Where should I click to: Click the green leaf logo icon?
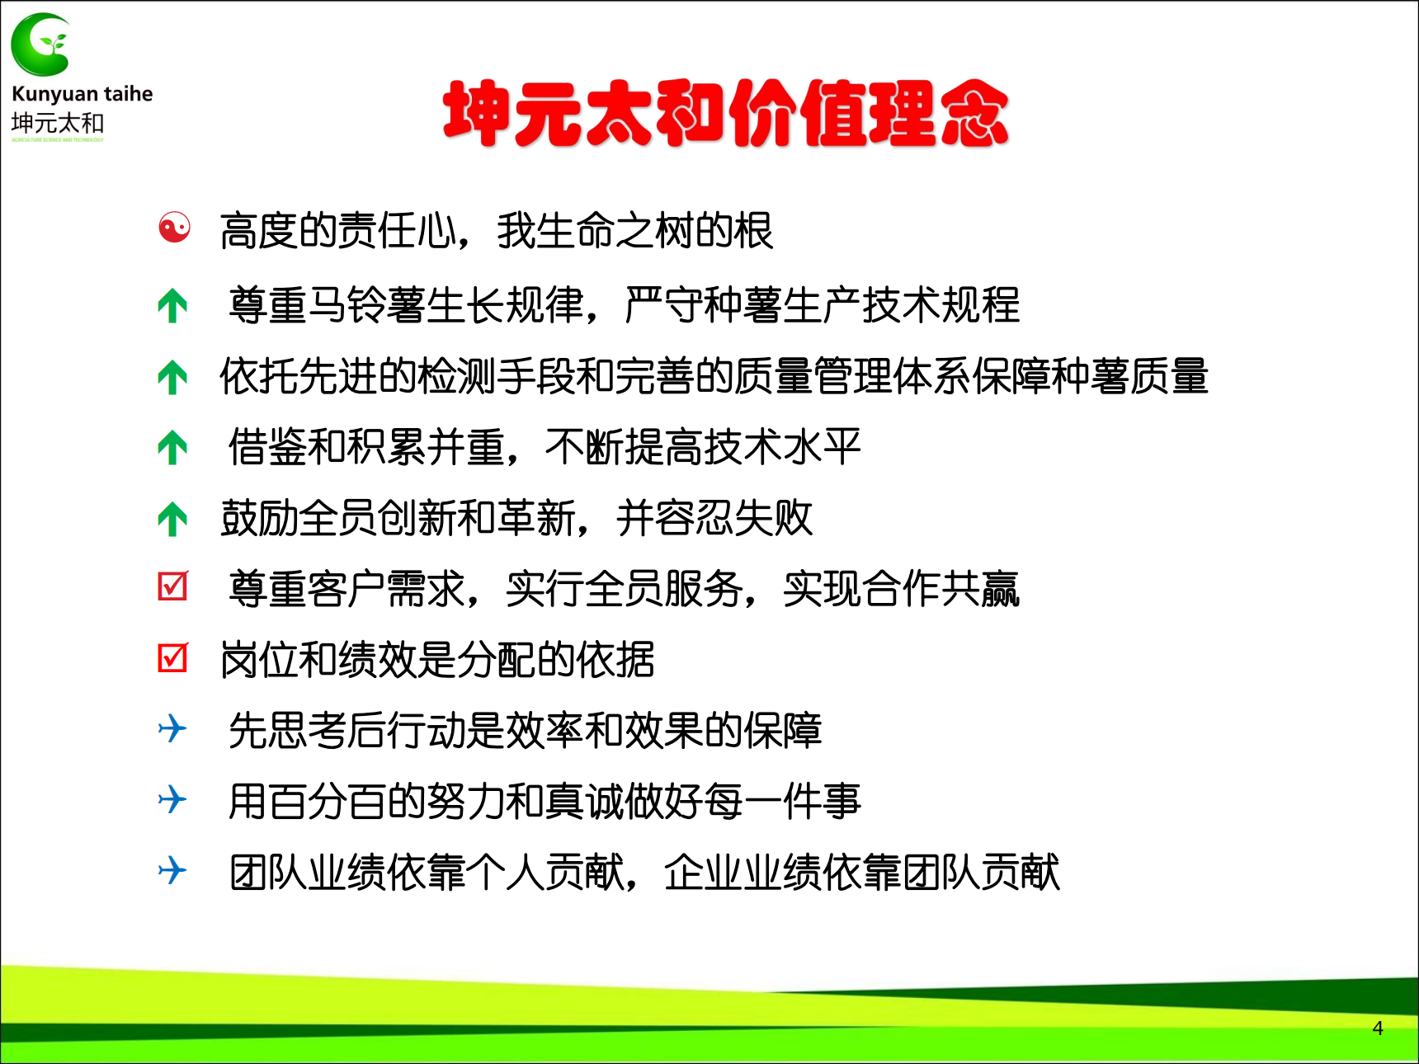tap(40, 45)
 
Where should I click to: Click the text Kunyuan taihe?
tap(82, 95)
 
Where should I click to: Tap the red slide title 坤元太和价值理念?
tap(726, 114)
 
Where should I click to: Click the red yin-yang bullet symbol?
tap(174, 228)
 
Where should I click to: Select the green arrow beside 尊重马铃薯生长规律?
tap(172, 305)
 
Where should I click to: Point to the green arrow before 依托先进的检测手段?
tap(172, 377)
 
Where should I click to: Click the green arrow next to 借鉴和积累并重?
tap(172, 448)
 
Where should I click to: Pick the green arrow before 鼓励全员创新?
tap(172, 519)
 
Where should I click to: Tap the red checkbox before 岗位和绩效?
tap(173, 657)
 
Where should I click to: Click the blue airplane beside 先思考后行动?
tap(172, 728)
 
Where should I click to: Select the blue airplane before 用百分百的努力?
tap(172, 799)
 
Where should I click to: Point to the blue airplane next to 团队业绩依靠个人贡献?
tap(172, 870)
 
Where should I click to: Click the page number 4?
tap(1378, 1028)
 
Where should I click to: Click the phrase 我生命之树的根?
tap(635, 231)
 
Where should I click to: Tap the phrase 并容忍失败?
tap(714, 519)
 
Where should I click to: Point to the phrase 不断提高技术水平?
tap(703, 448)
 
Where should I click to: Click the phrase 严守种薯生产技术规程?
tap(822, 305)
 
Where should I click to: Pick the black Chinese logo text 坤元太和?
tap(58, 123)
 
